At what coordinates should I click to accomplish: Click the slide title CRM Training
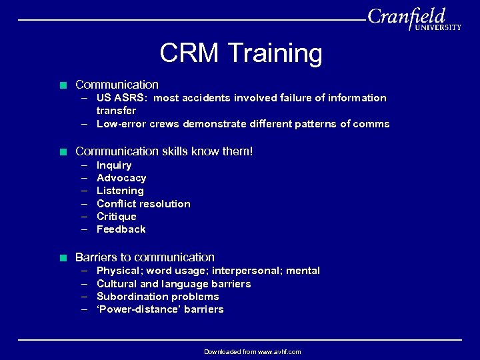(241, 53)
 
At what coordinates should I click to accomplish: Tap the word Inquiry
(114, 165)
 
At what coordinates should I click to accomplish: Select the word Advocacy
(121, 178)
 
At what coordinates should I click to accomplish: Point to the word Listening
(120, 191)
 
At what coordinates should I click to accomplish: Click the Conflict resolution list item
(143, 204)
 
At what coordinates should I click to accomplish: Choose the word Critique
(116, 217)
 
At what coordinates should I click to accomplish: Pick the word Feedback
(121, 229)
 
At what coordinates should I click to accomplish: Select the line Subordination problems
(157, 297)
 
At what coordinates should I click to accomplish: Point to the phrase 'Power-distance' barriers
(160, 309)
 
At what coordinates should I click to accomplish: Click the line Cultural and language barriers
(173, 284)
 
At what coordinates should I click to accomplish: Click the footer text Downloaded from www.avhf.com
(252, 351)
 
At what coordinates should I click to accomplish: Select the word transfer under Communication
(116, 111)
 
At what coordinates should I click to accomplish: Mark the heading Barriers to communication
(145, 257)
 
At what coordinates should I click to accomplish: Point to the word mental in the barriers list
(303, 271)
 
